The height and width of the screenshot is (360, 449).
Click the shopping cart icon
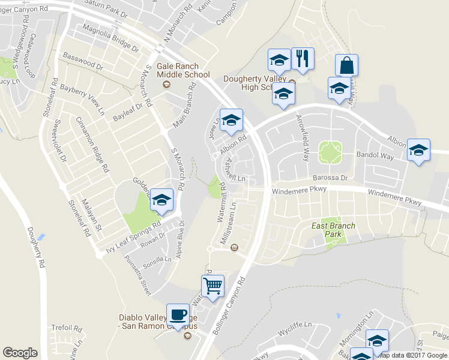(212, 286)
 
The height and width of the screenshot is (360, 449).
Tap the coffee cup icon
(178, 314)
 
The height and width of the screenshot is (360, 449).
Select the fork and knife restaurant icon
(303, 59)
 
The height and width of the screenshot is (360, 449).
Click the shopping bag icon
(346, 65)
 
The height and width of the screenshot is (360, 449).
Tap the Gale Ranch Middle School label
(183, 71)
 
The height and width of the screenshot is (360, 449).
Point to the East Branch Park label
(333, 230)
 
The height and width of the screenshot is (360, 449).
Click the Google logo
(20, 353)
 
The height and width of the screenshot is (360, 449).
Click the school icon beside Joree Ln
(231, 119)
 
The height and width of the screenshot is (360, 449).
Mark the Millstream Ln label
(230, 222)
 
